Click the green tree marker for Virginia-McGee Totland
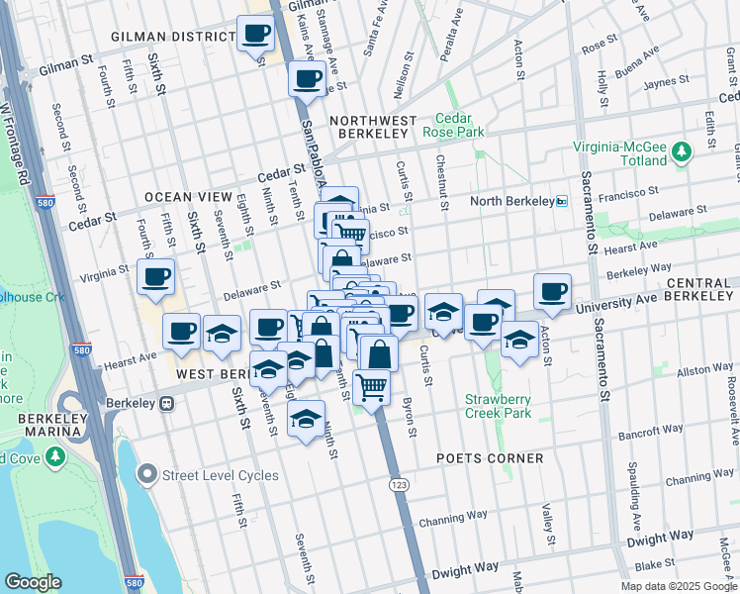click(x=681, y=151)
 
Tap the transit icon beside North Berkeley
click(x=561, y=201)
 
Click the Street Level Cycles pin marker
click(x=148, y=475)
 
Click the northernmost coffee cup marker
click(x=256, y=33)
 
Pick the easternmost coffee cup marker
click(x=552, y=291)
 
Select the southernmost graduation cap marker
click(x=307, y=418)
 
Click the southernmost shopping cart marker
click(x=372, y=386)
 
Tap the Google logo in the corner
click(x=34, y=582)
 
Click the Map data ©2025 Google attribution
click(x=678, y=586)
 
